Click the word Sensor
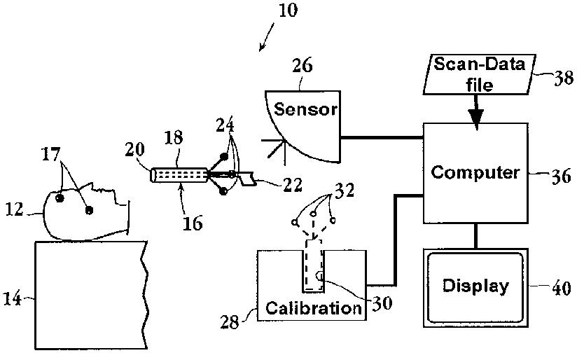[305, 109]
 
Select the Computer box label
[475, 172]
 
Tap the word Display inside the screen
[475, 286]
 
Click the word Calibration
[314, 307]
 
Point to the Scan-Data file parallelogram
[480, 74]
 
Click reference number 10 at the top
[288, 11]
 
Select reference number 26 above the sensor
[303, 66]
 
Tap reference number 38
[564, 78]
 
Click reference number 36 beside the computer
[561, 177]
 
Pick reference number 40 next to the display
[562, 289]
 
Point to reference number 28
[230, 322]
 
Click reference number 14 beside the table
[12, 298]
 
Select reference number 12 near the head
[14, 210]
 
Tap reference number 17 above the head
[50, 154]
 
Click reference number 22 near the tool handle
[292, 185]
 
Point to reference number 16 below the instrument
[193, 223]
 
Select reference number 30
[382, 303]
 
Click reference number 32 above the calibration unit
[344, 191]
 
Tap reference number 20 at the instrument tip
[134, 149]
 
